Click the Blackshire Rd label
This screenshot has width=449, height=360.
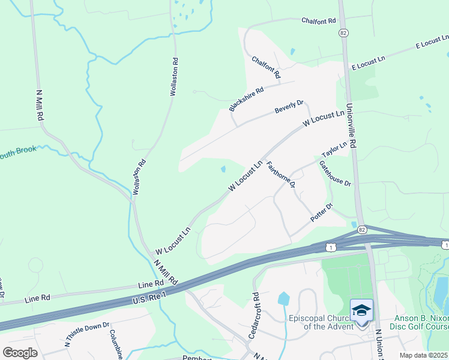(x=247, y=100)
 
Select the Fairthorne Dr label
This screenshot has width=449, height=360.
(x=281, y=174)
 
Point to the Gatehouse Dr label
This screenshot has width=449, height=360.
(x=335, y=173)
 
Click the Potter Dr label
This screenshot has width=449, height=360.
(x=322, y=214)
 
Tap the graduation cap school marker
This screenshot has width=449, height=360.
(x=361, y=310)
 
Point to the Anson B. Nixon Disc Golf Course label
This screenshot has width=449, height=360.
(x=420, y=322)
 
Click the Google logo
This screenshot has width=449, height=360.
(x=20, y=352)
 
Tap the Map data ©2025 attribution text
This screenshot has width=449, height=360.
(x=423, y=355)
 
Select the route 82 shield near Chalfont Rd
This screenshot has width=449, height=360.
(x=343, y=32)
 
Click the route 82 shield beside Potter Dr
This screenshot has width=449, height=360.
(x=361, y=229)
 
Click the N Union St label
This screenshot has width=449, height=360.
(x=379, y=342)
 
